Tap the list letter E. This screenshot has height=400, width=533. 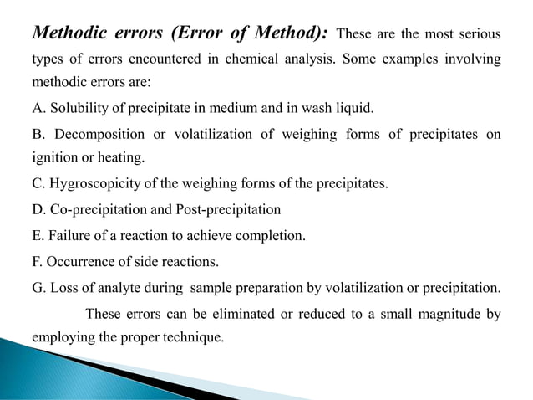[x=38, y=236]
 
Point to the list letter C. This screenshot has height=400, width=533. [x=38, y=184]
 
